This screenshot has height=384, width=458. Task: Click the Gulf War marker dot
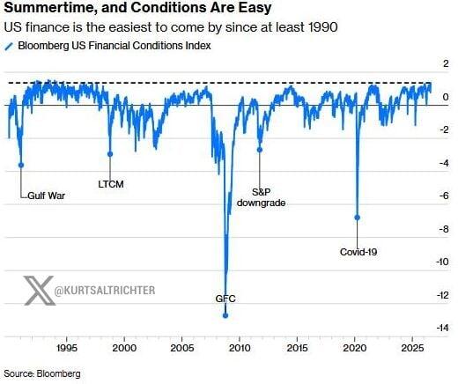[x=21, y=166]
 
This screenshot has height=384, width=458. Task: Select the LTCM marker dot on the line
[x=110, y=154]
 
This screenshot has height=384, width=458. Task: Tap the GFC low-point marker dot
[x=225, y=315]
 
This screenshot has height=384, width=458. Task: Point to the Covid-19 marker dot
[x=357, y=218]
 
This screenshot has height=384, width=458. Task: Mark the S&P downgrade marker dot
[x=260, y=150]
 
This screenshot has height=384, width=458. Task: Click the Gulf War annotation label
[x=47, y=196]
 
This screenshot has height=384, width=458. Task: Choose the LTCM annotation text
[x=111, y=184]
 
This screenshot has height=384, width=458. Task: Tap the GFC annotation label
[x=225, y=299]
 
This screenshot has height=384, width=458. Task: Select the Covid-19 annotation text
[x=358, y=252]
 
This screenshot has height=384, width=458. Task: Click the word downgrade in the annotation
[x=262, y=203]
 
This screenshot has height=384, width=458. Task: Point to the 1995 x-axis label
[x=67, y=348]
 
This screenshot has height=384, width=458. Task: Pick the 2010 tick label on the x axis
[x=240, y=348]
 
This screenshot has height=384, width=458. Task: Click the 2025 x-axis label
[x=413, y=348]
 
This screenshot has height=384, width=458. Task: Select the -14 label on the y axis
[x=442, y=328]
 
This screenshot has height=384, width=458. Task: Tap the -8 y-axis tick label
[x=444, y=229]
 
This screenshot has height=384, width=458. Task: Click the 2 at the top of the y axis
[x=447, y=63]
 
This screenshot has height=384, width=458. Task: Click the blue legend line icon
[x=10, y=47]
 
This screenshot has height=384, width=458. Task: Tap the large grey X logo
[x=39, y=291]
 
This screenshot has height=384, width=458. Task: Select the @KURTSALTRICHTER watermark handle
[x=105, y=291]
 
